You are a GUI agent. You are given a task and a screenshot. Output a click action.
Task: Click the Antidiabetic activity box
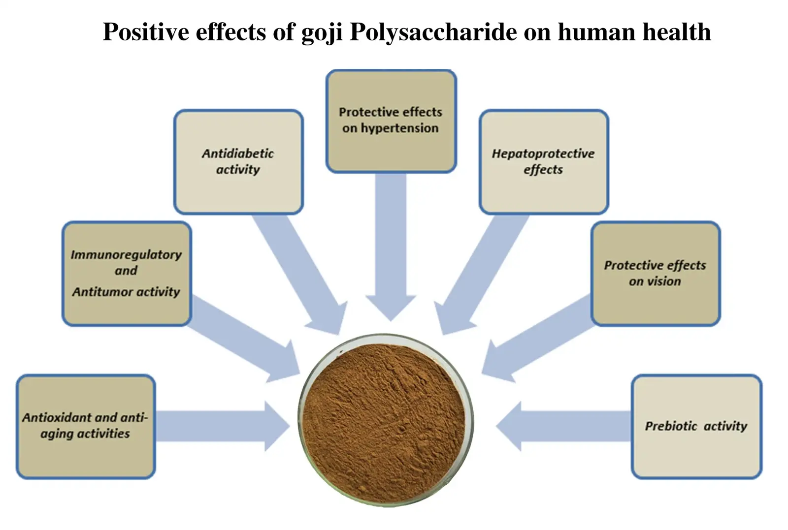pyautogui.click(x=238, y=162)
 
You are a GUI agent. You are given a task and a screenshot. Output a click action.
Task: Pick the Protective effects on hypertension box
pyautogui.click(x=391, y=121)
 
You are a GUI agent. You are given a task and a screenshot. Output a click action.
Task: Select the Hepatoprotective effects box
pyautogui.click(x=544, y=162)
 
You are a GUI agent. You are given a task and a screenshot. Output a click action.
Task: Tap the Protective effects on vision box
pyautogui.click(x=656, y=274)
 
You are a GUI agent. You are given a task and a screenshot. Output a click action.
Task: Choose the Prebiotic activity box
pyautogui.click(x=696, y=427)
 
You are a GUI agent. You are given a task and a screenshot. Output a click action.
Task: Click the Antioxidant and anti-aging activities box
pyautogui.click(x=86, y=427)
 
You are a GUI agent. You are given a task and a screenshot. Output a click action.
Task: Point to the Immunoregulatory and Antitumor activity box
pyautogui.click(x=127, y=274)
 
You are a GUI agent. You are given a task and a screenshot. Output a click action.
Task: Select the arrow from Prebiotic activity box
pyautogui.click(x=563, y=426)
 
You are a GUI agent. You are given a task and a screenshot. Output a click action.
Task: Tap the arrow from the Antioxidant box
pyautogui.click(x=223, y=426)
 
